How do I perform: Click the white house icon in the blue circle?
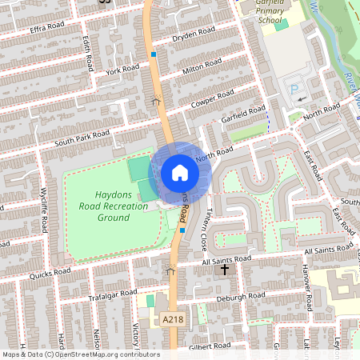[x=179, y=173]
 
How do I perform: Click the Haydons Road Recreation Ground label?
[x=113, y=206]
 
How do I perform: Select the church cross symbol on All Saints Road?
[x=225, y=270]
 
